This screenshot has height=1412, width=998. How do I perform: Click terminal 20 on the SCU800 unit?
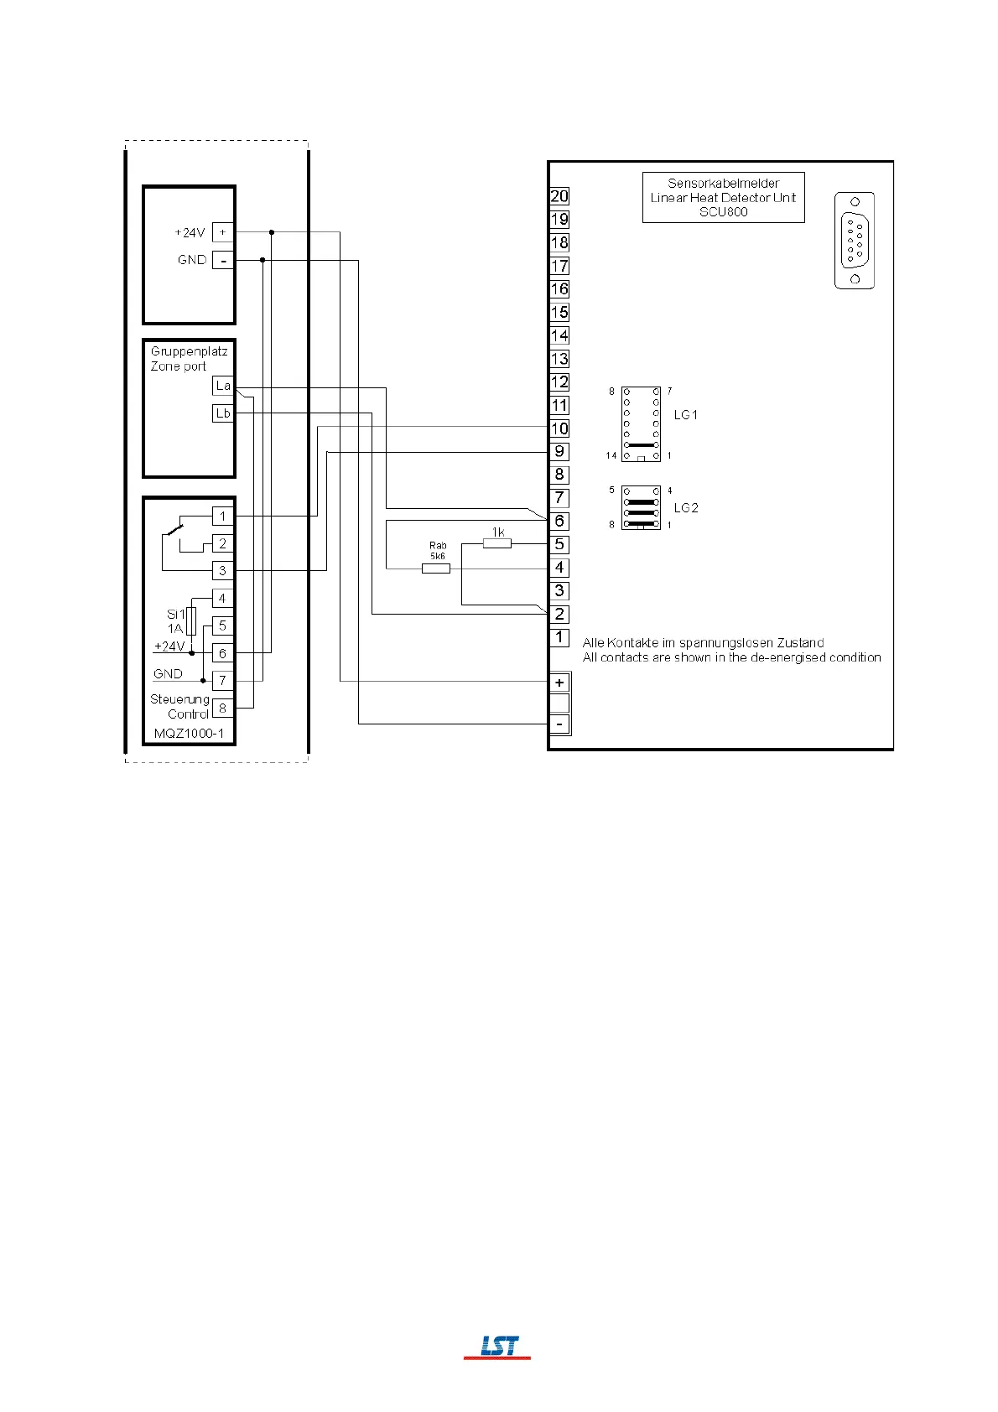tap(559, 196)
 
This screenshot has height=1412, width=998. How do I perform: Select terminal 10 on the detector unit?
tap(559, 428)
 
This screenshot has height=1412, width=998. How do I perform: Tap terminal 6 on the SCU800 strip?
tap(559, 522)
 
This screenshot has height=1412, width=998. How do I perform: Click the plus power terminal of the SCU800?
tap(559, 683)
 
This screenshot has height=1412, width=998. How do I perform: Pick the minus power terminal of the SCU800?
tap(559, 724)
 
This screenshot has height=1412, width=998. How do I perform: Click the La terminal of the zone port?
tap(222, 386)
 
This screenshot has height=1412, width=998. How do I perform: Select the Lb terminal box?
tap(222, 413)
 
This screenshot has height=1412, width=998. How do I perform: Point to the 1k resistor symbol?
tap(496, 543)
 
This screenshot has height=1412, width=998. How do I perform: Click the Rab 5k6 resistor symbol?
tap(435, 568)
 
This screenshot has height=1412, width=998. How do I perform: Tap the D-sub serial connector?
tap(855, 241)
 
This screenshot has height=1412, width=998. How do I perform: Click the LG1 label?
tap(686, 415)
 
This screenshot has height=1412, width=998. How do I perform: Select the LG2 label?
tap(686, 507)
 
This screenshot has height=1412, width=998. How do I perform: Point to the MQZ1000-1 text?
tap(189, 733)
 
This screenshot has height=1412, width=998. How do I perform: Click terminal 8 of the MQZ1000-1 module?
tap(222, 709)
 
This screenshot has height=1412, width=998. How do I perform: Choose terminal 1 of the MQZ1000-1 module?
tap(222, 517)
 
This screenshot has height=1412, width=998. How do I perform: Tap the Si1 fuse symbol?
tap(192, 621)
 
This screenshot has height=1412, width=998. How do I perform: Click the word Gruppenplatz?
tap(190, 351)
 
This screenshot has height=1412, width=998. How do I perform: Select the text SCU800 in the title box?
tap(723, 212)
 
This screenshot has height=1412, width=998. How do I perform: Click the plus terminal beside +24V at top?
tap(222, 232)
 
